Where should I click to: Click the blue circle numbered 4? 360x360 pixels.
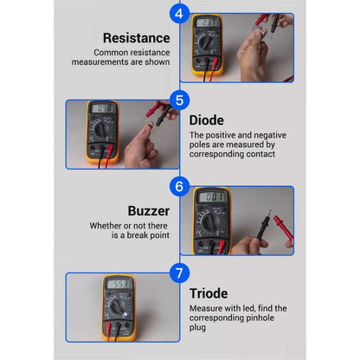pyautogui.click(x=179, y=13)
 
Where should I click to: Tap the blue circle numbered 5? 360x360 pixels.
pyautogui.click(x=179, y=100)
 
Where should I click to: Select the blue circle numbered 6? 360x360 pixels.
pyautogui.click(x=179, y=186)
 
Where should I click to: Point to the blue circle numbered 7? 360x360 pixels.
pyautogui.click(x=179, y=273)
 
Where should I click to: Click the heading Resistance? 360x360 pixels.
pyautogui.click(x=136, y=37)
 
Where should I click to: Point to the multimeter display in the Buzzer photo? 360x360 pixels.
pyautogui.click(x=212, y=196)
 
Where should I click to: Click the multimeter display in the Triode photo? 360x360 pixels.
pyautogui.click(x=119, y=284)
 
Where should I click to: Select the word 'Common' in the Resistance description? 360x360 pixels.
pyautogui.click(x=119, y=53)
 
